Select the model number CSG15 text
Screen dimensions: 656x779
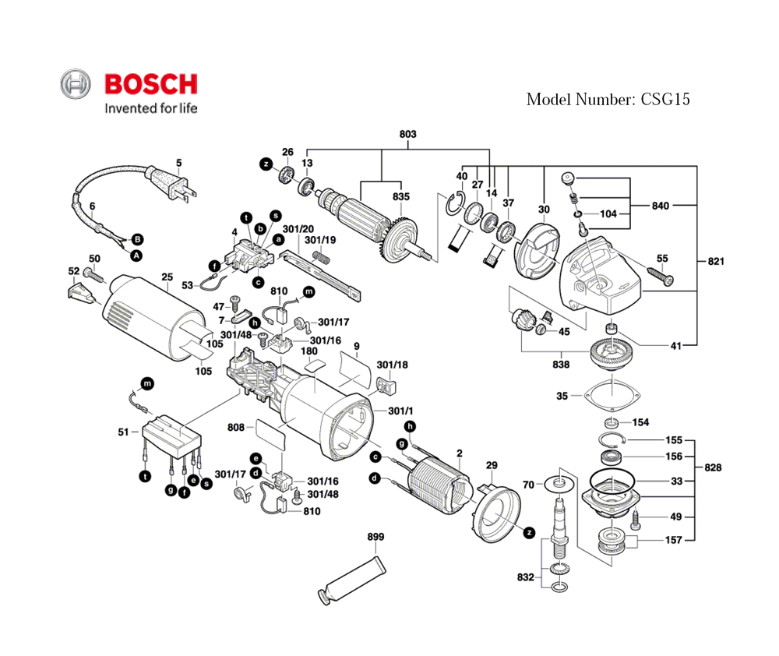608,99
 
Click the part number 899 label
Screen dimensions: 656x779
376,538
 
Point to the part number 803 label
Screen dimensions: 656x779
407,134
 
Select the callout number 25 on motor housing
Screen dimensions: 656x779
167,277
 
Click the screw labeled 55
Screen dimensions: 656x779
657,274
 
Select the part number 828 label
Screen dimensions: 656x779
712,468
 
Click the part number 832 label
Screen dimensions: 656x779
526,577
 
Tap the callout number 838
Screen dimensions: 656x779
560,365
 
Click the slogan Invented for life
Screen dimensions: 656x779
151,108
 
